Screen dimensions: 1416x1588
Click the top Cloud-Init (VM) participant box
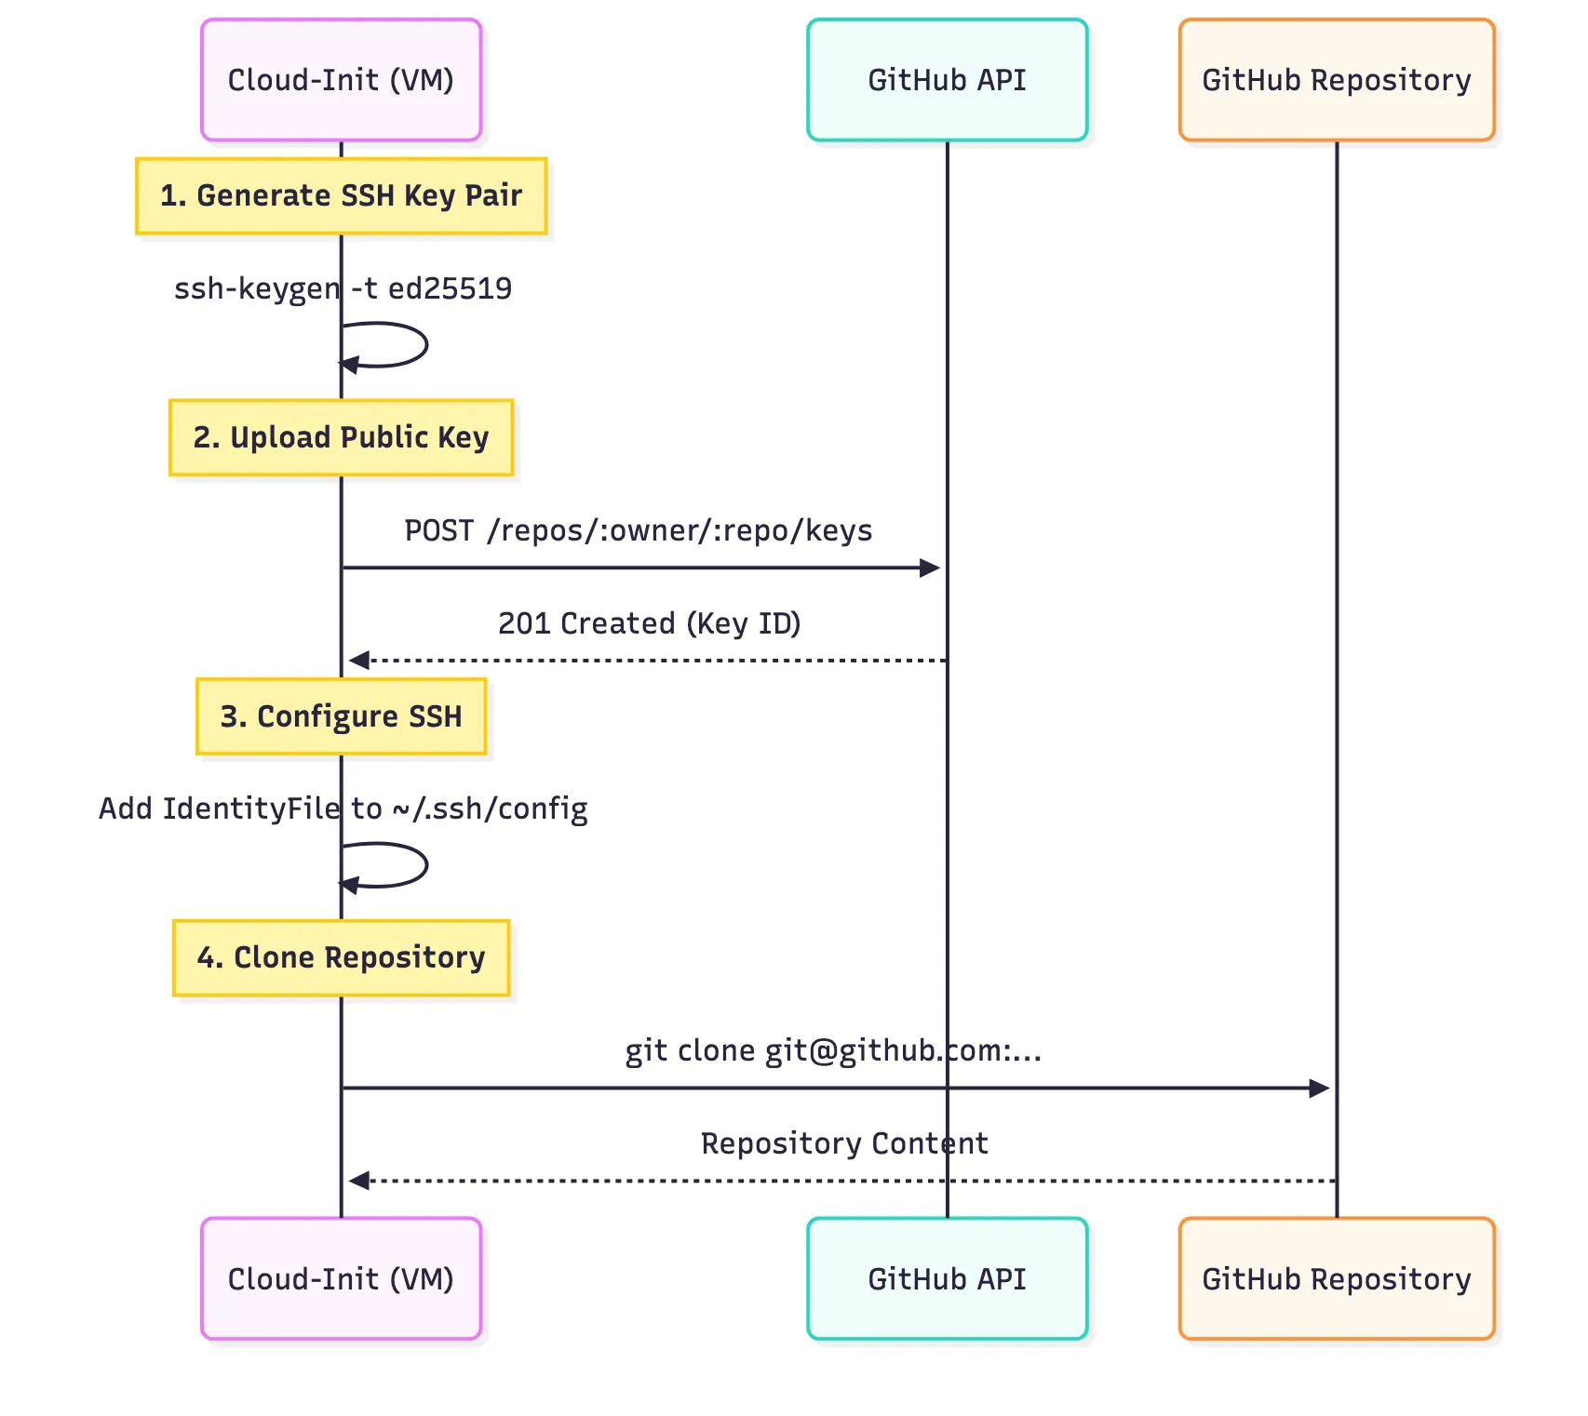coord(341,80)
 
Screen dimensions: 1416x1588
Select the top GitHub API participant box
coord(947,80)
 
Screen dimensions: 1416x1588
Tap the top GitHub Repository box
coord(1336,80)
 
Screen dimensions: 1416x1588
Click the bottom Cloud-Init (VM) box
coord(341,1278)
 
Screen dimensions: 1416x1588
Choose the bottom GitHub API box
coord(947,1278)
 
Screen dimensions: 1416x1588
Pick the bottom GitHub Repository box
coord(1336,1278)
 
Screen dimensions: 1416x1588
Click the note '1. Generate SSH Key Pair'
coord(341,195)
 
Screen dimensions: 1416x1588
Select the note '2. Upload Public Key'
coord(341,437)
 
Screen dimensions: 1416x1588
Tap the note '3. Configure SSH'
coord(341,716)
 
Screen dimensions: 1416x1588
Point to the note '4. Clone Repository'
coord(341,957)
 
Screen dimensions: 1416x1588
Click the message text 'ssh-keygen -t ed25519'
coord(343,288)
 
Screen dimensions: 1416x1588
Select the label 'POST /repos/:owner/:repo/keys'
coord(638,530)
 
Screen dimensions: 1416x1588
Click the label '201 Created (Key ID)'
coord(649,623)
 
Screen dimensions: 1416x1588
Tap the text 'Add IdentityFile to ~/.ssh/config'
coord(343,808)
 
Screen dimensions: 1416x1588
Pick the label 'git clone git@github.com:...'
coord(833,1050)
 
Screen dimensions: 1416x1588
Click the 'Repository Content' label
coord(843,1143)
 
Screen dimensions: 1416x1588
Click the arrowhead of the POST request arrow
coord(930,568)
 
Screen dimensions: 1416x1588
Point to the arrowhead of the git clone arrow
coord(1319,1088)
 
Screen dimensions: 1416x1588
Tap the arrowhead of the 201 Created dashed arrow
coord(359,661)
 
